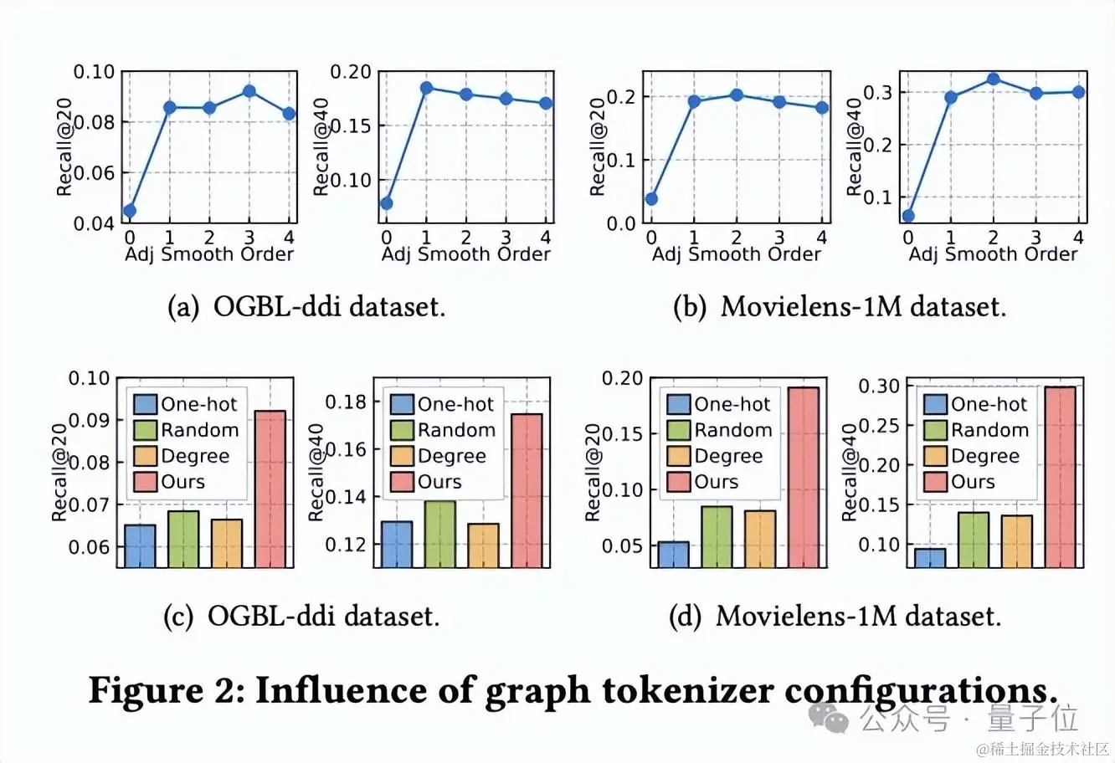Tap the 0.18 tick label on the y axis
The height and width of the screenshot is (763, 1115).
tap(346, 402)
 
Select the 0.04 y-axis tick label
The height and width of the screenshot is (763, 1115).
tap(94, 224)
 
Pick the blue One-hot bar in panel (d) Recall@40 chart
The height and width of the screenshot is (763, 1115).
tap(929, 558)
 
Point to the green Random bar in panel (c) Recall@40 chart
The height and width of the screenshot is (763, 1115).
tap(440, 534)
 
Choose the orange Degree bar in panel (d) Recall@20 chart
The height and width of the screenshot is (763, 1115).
tap(759, 539)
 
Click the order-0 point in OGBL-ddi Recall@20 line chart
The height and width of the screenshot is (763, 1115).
tap(130, 211)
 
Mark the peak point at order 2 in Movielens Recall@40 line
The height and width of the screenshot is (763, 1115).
tap(994, 79)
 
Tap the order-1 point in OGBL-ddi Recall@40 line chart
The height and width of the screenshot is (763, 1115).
tap(426, 88)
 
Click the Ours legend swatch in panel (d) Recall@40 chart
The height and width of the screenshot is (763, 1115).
tap(935, 482)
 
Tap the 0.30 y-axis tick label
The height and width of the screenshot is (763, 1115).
tap(881, 387)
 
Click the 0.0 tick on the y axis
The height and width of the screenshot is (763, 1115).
tap(622, 224)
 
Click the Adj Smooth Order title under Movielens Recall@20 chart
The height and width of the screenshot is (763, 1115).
tap(737, 254)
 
